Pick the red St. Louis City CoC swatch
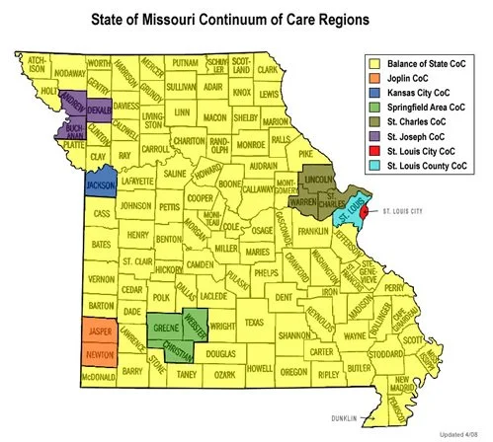372,152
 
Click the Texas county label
255,323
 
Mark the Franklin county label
313,231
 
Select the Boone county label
231,184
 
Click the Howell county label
259,368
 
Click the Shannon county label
294,335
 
